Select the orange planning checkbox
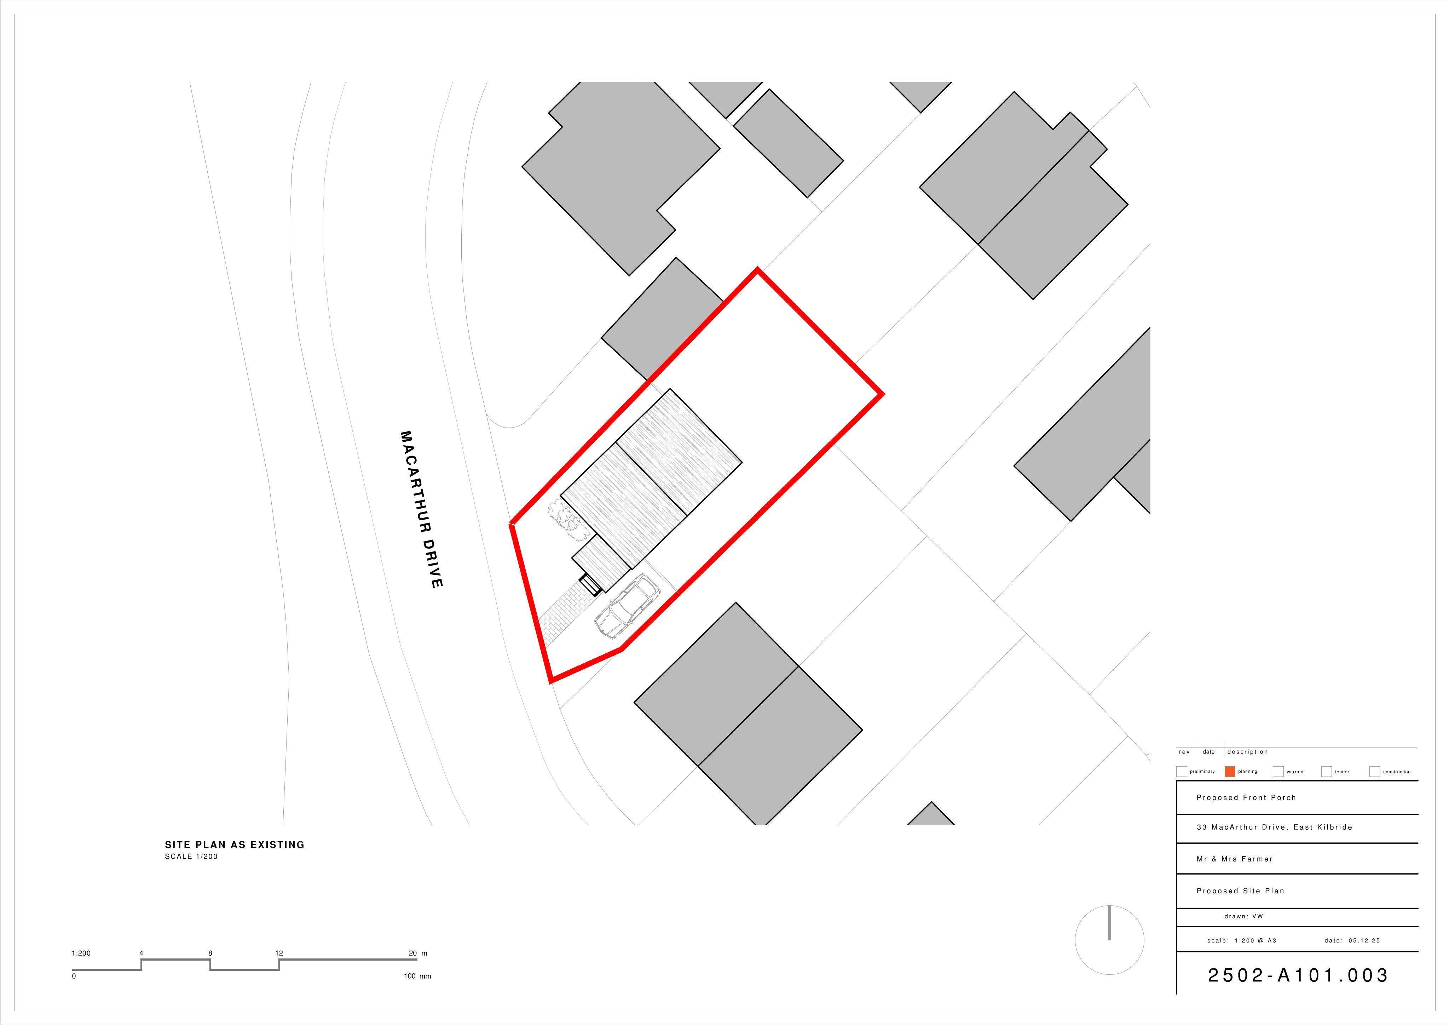1229,771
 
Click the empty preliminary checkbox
1182,771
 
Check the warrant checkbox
1278,771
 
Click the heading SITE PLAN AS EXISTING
235,844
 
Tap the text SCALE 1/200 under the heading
191,857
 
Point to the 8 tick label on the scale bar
210,953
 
